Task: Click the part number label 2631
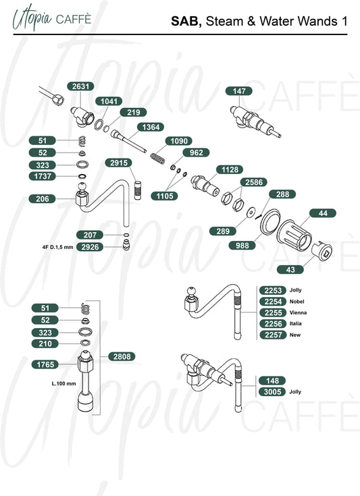point(81,86)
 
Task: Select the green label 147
point(239,91)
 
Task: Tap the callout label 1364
point(151,127)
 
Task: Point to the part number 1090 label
point(179,141)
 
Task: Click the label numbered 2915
point(119,163)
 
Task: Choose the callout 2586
point(254,182)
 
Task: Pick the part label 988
point(242,245)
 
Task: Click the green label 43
point(290,269)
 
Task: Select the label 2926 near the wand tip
point(91,247)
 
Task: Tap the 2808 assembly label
point(122,356)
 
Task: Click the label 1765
point(45,364)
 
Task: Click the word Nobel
point(297,302)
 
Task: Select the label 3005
point(272,392)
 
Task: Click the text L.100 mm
point(64,384)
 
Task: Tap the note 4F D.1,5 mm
point(57,247)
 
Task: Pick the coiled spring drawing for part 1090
point(157,159)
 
